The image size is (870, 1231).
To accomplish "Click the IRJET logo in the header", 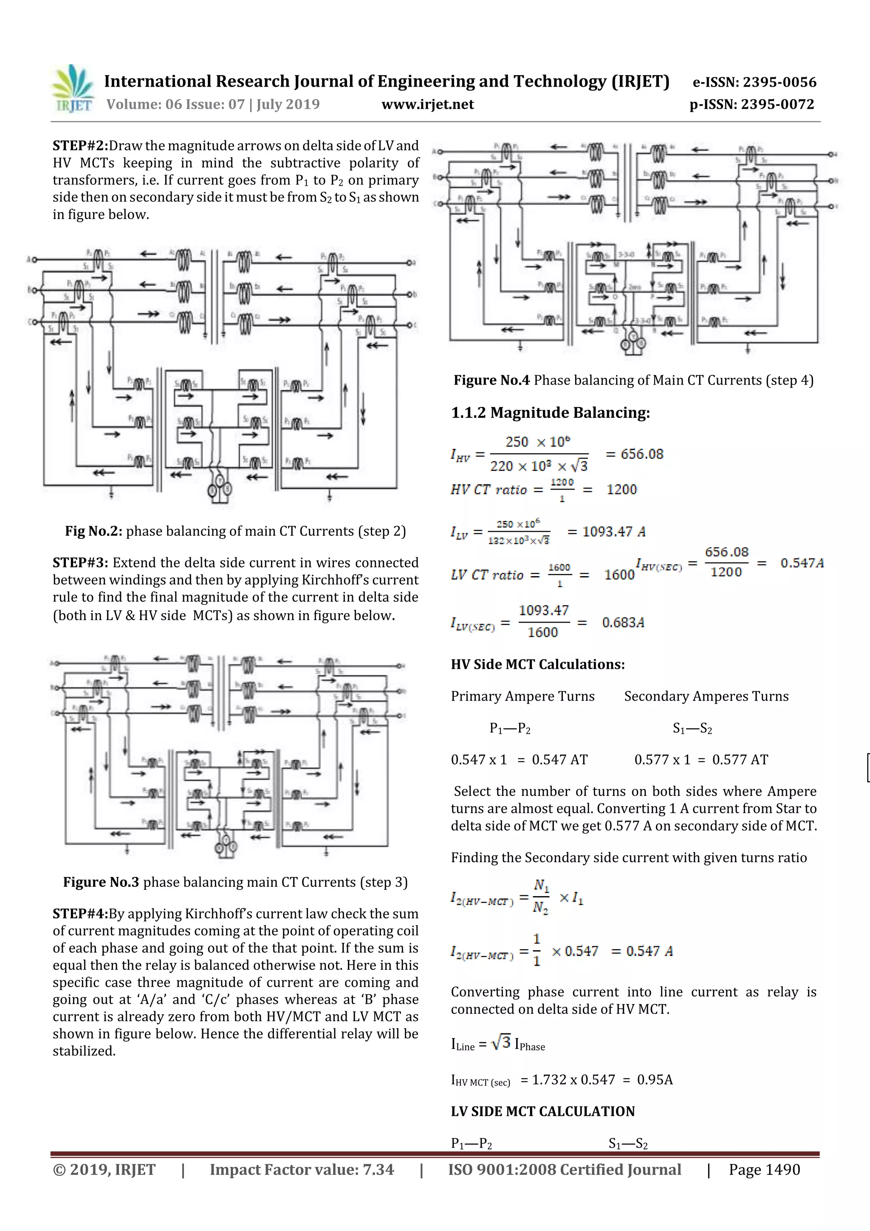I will (73, 88).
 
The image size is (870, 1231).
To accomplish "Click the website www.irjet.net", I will (427, 104).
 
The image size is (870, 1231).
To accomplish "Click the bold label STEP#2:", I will (80, 146).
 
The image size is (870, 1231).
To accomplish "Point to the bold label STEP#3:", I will (80, 563).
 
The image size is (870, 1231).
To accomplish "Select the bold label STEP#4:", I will (80, 914).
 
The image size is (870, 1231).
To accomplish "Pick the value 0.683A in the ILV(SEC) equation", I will (623, 623).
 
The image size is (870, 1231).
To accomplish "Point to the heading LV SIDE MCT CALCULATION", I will (542, 1112).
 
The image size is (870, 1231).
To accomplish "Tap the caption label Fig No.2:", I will (94, 531).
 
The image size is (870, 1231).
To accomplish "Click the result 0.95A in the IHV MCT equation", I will (655, 1079).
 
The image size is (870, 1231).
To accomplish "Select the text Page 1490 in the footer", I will (764, 1170).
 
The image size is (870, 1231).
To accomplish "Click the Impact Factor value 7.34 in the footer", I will (379, 1170).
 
